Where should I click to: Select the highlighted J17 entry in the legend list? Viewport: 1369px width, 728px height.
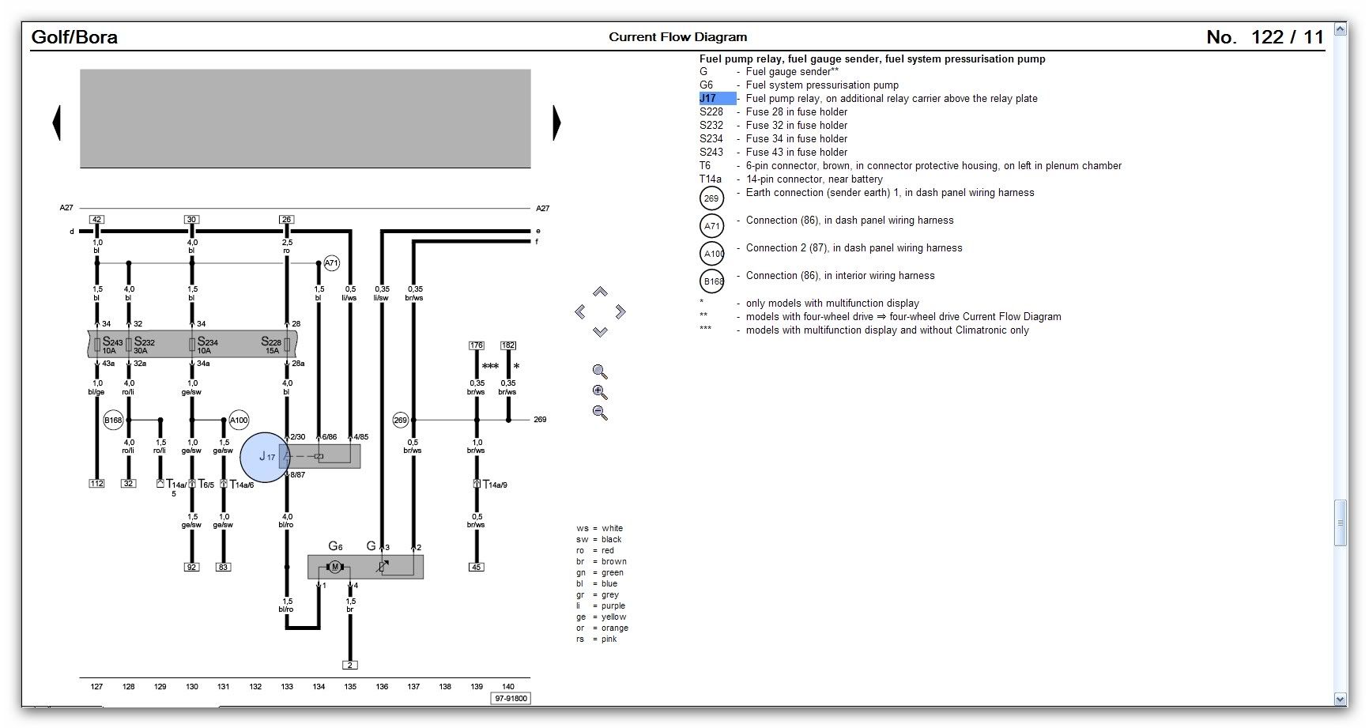(x=717, y=99)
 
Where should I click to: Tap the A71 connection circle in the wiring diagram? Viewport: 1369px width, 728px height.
(x=332, y=263)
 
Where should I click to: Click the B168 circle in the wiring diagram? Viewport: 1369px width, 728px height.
(x=114, y=421)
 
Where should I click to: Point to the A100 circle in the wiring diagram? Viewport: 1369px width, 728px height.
(x=239, y=421)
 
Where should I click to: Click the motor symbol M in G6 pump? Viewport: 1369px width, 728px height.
(x=334, y=567)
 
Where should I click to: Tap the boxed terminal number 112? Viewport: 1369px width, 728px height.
(x=96, y=483)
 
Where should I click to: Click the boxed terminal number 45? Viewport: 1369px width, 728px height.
(x=476, y=567)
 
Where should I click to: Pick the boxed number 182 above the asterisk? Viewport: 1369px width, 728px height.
(x=508, y=345)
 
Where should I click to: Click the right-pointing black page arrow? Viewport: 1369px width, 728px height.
(x=556, y=123)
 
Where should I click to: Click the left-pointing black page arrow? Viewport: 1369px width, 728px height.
(x=56, y=123)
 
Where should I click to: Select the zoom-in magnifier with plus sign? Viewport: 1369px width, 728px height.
(x=600, y=392)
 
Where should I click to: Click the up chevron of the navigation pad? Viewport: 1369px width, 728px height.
(x=600, y=292)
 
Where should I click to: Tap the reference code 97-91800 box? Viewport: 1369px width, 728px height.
(x=511, y=699)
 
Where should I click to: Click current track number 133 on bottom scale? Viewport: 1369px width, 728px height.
(x=287, y=686)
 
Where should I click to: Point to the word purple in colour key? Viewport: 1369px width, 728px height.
(x=613, y=606)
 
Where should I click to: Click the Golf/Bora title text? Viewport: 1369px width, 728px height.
(x=74, y=37)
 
